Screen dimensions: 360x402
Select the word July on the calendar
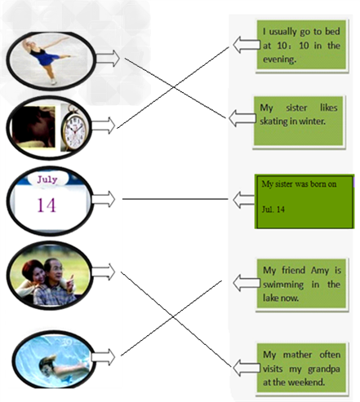tap(47, 179)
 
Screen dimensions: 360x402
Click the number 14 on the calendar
tap(47, 205)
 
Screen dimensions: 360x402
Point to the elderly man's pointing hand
tap(70, 283)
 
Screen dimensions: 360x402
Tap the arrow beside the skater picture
tap(108, 58)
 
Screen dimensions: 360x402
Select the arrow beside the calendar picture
tap(104, 199)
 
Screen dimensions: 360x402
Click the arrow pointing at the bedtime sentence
tap(247, 45)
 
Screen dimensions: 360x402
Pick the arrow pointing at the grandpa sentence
tap(247, 368)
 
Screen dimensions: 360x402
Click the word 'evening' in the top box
tap(279, 60)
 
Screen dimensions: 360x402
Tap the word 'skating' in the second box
tap(273, 121)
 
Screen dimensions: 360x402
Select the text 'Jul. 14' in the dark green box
tap(273, 210)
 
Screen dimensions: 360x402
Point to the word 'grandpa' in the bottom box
tap(324, 369)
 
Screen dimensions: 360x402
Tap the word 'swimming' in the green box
tap(283, 285)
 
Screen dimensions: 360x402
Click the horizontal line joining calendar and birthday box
tap(176, 199)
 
